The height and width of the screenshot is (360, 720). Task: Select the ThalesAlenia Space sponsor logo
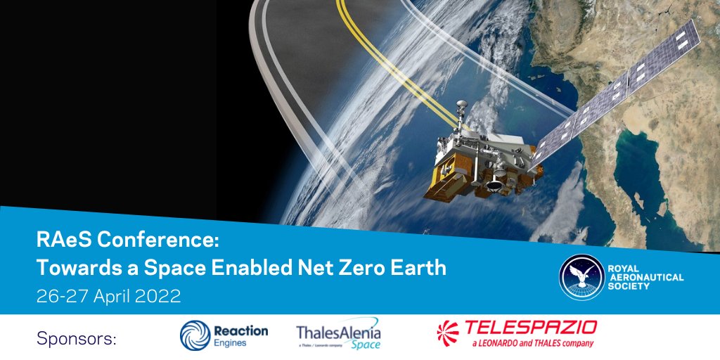[338, 335]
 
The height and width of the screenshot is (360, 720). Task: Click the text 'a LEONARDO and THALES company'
[522, 343]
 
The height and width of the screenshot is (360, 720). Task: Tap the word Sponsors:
[76, 339]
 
